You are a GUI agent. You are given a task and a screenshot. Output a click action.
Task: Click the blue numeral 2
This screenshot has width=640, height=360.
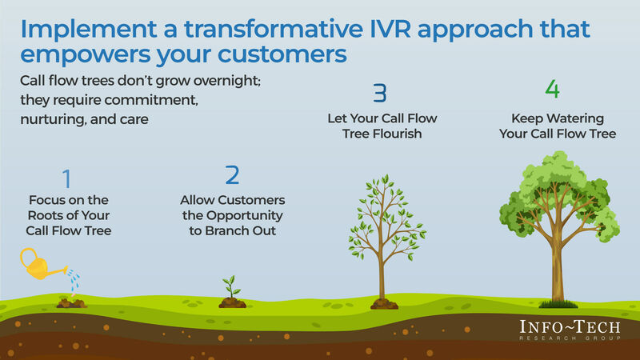[x=233, y=174]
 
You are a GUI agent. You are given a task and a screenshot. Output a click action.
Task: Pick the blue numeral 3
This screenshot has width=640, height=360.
[x=380, y=93]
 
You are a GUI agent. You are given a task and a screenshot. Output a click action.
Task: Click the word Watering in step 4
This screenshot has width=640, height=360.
[x=577, y=118]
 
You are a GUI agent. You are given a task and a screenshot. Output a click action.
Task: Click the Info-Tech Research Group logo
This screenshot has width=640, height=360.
[x=568, y=330]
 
